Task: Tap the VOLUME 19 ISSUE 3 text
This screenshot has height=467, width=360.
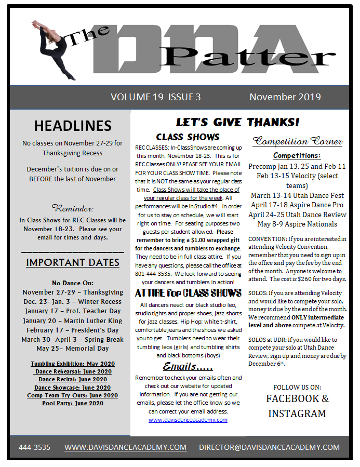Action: [155, 97]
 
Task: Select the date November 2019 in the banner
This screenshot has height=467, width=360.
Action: [285, 97]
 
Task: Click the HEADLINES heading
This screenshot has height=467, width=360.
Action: [73, 126]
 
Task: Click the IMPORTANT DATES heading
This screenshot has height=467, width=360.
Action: [73, 262]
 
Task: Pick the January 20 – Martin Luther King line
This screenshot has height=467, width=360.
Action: [73, 321]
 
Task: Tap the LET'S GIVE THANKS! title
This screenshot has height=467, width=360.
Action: [237, 123]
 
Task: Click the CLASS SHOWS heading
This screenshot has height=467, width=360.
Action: [188, 137]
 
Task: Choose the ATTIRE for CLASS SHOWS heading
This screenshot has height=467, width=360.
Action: [188, 293]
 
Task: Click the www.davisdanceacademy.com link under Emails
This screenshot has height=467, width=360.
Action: [188, 420]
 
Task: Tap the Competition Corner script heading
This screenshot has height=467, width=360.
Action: [297, 141]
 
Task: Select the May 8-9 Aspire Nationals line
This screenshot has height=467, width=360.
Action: [297, 224]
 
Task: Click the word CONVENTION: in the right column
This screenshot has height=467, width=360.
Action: [266, 239]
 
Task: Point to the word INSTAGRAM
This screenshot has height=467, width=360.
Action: [297, 413]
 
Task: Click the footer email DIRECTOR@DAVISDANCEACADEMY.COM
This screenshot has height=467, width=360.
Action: [269, 447]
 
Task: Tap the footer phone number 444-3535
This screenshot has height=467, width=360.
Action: [34, 447]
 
